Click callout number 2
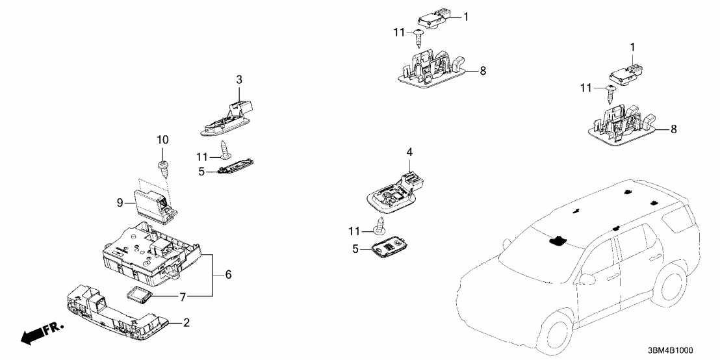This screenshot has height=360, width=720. coord(187,322)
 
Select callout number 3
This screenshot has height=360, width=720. coord(238,79)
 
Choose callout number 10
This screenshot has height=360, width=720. coord(163,139)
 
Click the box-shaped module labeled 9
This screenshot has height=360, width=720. coord(151,201)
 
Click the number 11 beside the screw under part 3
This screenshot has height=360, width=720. coord(202,156)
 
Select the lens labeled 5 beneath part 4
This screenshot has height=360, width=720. coord(390,250)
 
